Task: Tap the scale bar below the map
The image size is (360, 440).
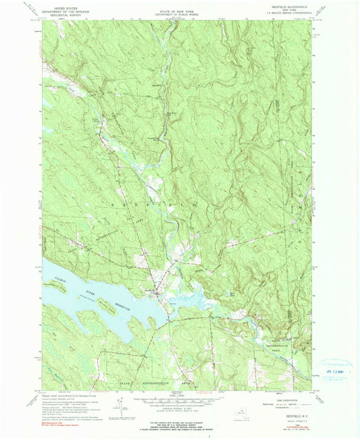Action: point(179,403)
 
